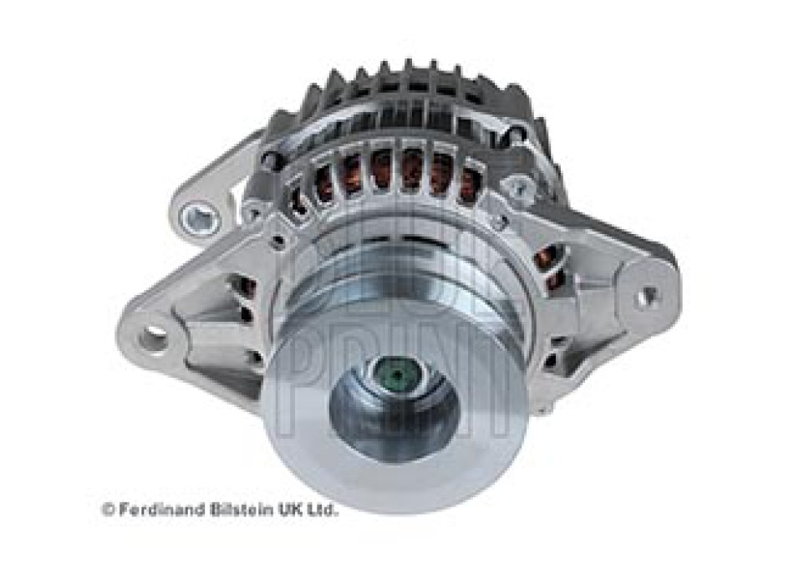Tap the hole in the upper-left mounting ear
coord(199,219)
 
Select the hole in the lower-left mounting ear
coord(154,337)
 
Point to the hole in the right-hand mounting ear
coord(646,298)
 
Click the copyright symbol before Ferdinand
coord(107,509)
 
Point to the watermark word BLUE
coord(393,267)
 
